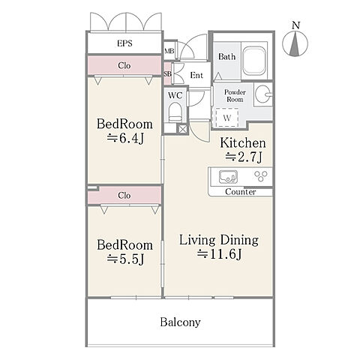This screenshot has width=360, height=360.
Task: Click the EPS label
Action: (x=124, y=43)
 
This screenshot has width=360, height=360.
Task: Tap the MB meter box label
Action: (x=169, y=51)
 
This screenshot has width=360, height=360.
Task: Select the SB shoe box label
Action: (x=167, y=74)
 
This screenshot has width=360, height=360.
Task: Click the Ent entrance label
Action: (x=196, y=75)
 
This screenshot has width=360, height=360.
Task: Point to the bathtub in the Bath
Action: (x=254, y=61)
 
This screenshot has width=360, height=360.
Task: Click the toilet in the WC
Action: (x=175, y=112)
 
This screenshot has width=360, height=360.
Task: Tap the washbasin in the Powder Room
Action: (x=262, y=94)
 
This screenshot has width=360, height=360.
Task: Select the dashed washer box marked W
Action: (x=226, y=118)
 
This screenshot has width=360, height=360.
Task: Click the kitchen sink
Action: (x=228, y=176)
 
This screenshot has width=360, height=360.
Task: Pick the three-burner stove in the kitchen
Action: (x=261, y=175)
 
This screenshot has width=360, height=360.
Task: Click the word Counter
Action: (x=240, y=192)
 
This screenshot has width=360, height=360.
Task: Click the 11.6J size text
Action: (x=219, y=254)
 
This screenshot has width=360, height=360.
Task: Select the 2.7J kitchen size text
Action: (x=244, y=157)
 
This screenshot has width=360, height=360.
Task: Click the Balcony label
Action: (x=180, y=322)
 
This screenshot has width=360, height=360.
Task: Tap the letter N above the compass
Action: (x=295, y=25)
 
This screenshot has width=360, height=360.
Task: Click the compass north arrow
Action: (x=295, y=43)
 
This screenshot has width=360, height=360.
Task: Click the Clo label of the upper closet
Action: (x=124, y=66)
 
